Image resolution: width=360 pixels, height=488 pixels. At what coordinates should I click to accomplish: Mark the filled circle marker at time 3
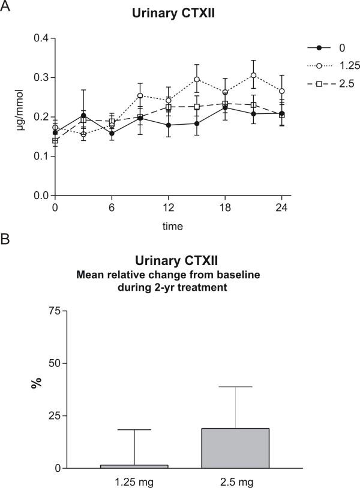(83, 116)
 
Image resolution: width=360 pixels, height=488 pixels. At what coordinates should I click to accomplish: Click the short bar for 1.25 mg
(134, 466)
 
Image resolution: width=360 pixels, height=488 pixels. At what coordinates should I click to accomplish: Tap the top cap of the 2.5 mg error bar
(235, 387)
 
